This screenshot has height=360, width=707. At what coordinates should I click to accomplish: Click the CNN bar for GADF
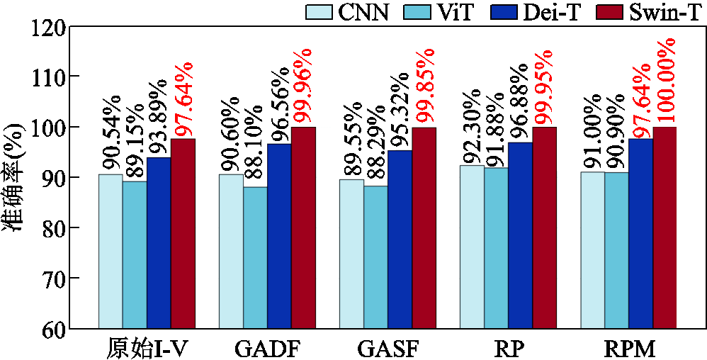(231, 252)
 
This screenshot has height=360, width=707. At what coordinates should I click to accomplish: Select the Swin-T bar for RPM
(664, 227)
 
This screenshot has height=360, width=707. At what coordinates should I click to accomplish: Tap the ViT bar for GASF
(375, 257)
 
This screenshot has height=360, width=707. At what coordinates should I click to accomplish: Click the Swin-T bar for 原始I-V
(183, 234)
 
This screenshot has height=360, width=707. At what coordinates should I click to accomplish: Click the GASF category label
(388, 348)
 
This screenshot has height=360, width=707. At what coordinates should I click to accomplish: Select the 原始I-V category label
(147, 348)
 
